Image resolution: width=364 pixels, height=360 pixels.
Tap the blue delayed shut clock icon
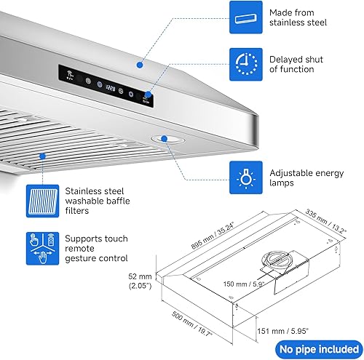pos(245,63)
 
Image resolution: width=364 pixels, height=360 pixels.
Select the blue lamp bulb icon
pos(245,177)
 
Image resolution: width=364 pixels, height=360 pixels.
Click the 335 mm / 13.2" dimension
pos(324,221)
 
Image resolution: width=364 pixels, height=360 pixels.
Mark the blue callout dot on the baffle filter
pos(44,156)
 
